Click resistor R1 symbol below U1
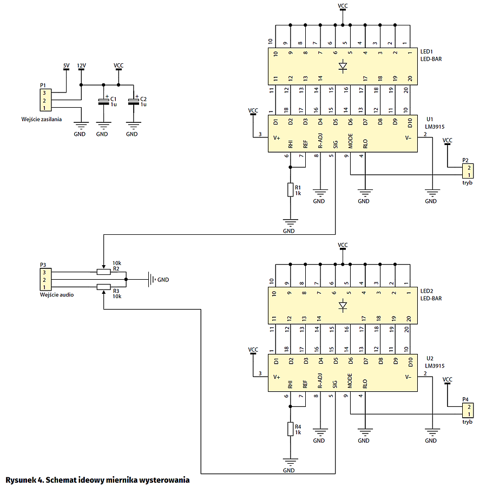tap(291, 190)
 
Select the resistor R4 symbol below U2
tap(291, 429)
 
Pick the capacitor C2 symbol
tap(133, 102)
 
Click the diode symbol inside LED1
tap(343, 67)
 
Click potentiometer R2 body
tap(103, 272)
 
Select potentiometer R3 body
tap(103, 287)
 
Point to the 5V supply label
tap(66, 65)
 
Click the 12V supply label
tap(81, 65)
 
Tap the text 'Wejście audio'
tap(57, 295)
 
